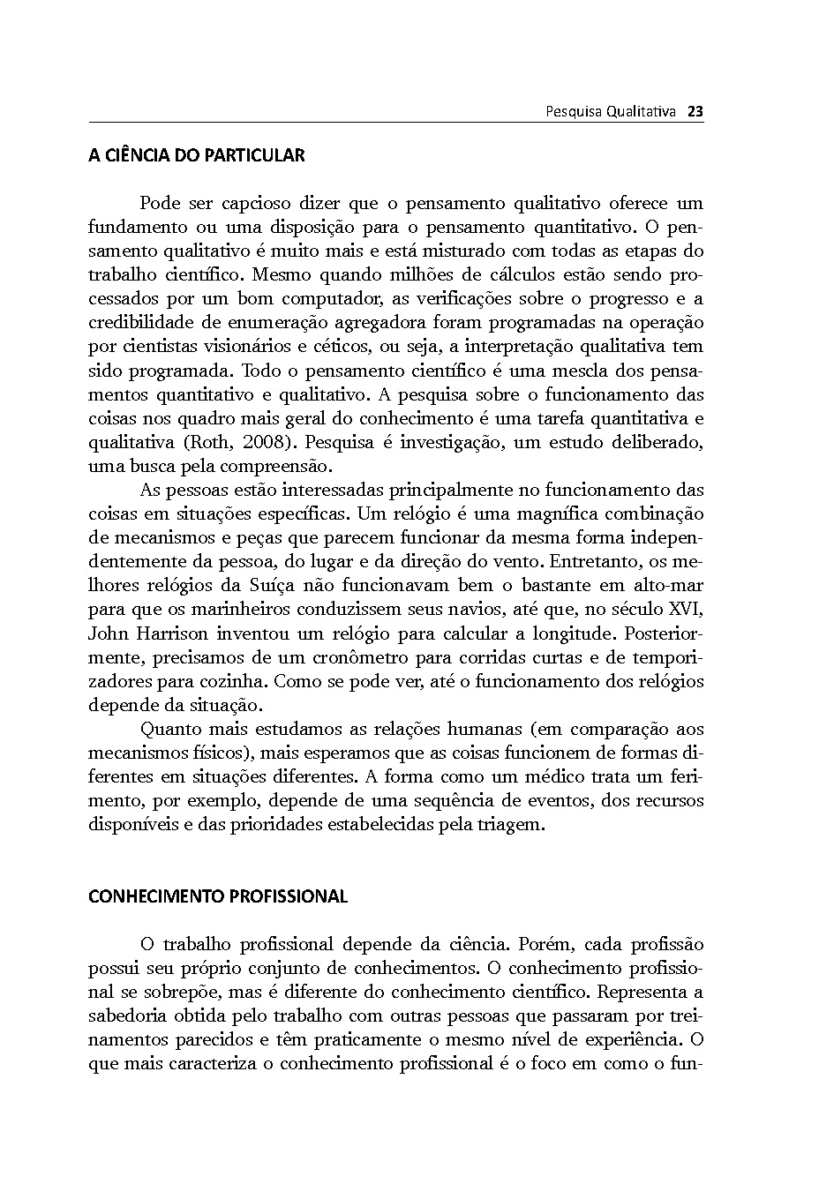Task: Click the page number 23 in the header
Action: point(695,112)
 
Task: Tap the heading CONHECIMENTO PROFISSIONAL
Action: point(218,897)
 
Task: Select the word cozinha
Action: point(237,681)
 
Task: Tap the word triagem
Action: point(511,825)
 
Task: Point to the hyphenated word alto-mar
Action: point(667,585)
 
